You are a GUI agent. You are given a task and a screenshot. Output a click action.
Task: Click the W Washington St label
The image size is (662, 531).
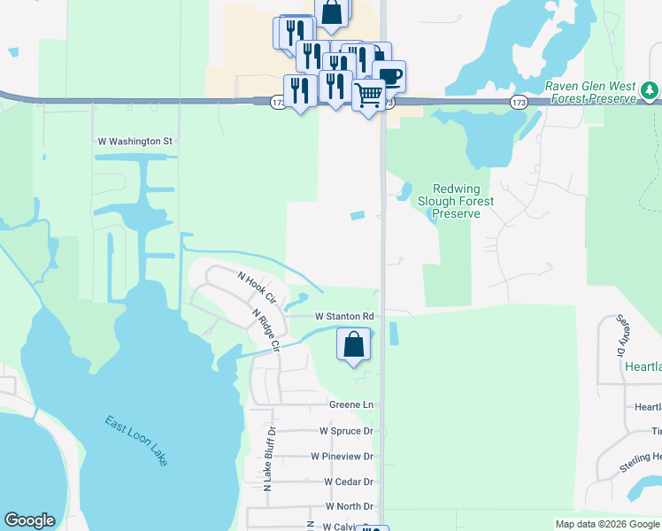point(134,141)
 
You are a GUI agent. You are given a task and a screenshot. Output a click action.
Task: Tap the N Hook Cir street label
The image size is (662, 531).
point(258,287)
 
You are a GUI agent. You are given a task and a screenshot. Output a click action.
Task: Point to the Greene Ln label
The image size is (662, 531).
point(351,404)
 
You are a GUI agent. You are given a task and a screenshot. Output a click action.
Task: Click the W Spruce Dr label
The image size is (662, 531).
point(346,431)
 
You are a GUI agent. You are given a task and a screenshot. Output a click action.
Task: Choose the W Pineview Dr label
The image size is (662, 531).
point(342,456)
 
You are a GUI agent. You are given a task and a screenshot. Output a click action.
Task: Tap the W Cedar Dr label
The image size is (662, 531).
point(349,481)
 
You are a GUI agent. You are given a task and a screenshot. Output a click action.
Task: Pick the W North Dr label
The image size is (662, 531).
point(349,506)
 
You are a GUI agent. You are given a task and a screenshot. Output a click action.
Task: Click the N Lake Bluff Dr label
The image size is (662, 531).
point(268,459)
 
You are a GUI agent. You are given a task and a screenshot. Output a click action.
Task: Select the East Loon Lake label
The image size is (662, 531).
point(135,441)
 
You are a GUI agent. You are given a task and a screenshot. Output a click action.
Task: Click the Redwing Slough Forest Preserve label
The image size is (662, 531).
point(456,201)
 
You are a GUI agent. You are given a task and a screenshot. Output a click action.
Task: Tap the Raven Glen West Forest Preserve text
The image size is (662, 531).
point(592,93)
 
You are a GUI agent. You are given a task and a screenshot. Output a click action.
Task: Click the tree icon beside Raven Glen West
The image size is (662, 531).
point(650,90)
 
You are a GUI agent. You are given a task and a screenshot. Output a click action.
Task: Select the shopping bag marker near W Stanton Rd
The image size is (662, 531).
point(353,344)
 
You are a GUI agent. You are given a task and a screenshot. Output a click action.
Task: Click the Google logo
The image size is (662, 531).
point(29,520)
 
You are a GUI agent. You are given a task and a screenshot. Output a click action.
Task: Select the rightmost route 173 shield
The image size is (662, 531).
point(520,104)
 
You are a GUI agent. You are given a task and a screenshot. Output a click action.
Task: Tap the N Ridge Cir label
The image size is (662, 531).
point(266,328)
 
